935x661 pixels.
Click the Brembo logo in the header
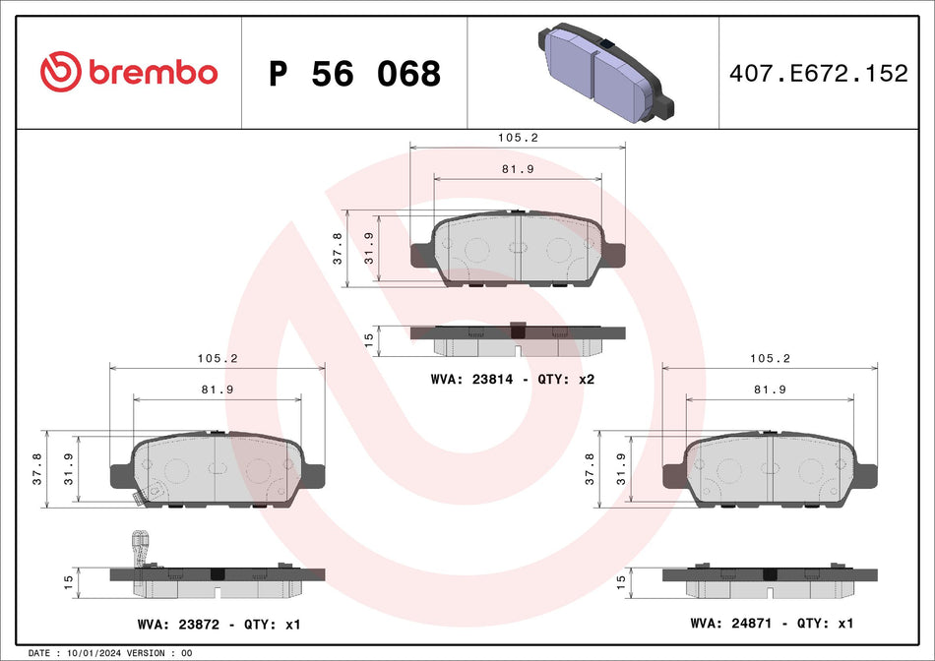[x=129, y=72]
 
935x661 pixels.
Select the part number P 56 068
[x=354, y=73]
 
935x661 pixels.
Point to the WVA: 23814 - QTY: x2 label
[x=513, y=379]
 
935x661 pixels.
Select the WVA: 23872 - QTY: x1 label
[x=218, y=624]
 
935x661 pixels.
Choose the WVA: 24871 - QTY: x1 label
[x=772, y=624]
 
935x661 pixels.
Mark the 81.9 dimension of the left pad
[x=217, y=390]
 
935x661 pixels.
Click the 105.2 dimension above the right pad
[x=771, y=358]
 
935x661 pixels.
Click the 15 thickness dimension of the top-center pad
[x=369, y=339]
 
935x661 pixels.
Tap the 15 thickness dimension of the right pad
[x=620, y=581]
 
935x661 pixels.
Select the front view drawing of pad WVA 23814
[x=518, y=250]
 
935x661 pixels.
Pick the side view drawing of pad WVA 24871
[x=771, y=581]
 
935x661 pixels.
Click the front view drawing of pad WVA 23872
[x=217, y=470]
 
